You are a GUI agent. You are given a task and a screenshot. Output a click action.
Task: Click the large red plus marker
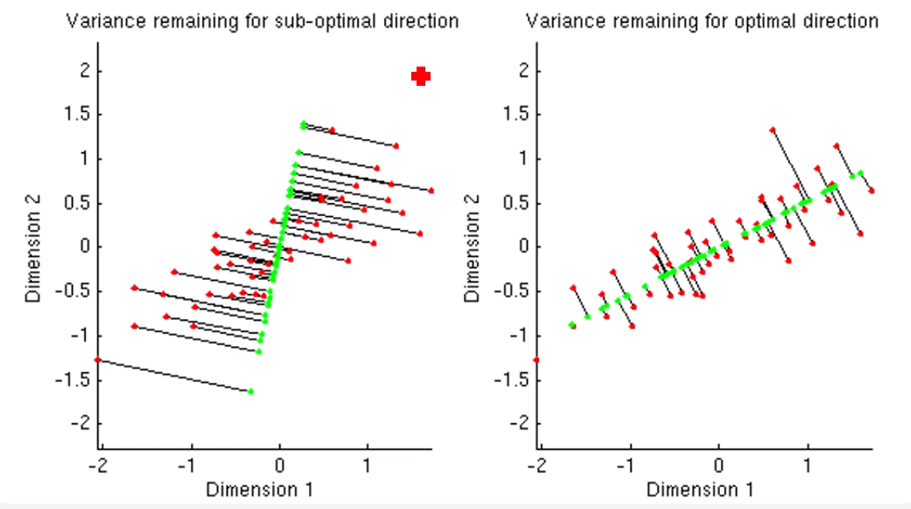click(421, 76)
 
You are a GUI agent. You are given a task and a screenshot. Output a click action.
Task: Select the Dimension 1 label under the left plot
click(258, 489)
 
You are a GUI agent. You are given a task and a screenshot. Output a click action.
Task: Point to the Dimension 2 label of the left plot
click(34, 246)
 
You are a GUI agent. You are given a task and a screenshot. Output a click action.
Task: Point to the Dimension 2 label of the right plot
click(473, 246)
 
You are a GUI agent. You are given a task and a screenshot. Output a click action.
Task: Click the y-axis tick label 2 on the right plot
click(519, 70)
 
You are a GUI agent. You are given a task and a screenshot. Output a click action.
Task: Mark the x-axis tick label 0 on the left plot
click(279, 466)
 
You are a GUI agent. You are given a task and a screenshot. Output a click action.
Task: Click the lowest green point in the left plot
click(251, 391)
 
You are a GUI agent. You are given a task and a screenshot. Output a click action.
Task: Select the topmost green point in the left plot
click(304, 124)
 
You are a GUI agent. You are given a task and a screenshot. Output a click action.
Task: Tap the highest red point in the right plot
click(773, 130)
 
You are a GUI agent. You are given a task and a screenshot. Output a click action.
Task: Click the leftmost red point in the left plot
click(97, 359)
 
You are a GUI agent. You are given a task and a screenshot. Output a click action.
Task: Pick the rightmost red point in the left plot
click(431, 190)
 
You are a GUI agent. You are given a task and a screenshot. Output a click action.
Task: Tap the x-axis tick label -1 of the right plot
click(628, 466)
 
